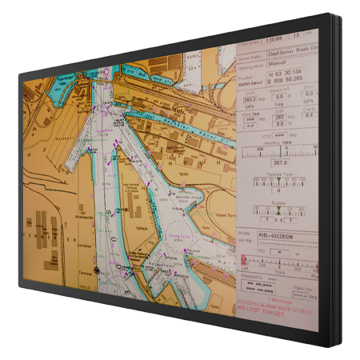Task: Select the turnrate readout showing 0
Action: (277, 191)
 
